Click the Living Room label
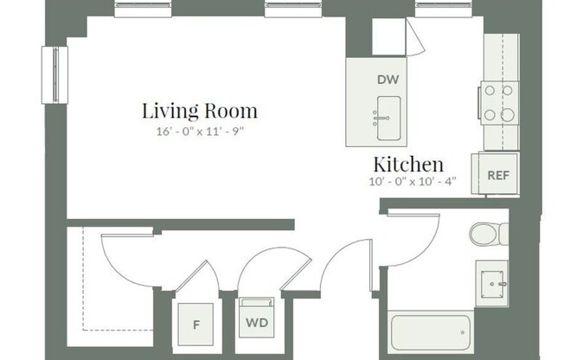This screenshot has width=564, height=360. pos(200,111)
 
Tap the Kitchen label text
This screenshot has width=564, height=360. pos(408,164)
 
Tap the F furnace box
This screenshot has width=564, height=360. pos(196,325)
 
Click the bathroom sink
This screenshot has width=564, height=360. pos(495,282)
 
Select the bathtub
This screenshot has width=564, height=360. pos(431,333)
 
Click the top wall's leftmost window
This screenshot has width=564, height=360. pos(139,9)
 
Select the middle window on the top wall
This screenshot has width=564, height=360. pos(291,9)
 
